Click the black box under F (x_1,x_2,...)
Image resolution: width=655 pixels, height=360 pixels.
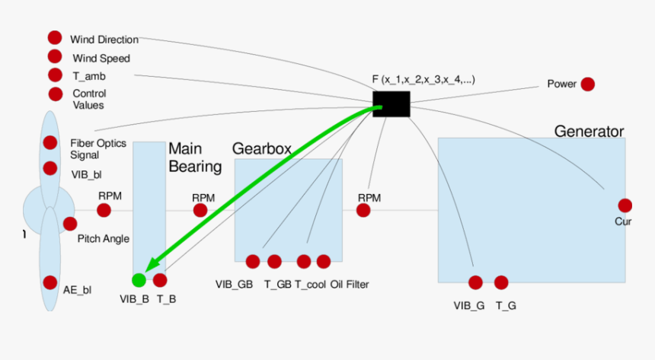click(391, 104)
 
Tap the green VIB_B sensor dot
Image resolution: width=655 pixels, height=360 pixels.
click(139, 280)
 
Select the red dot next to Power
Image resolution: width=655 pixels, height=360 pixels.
click(587, 84)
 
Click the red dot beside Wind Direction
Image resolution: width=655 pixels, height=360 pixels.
click(55, 37)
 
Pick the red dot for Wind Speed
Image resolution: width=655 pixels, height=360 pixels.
click(55, 56)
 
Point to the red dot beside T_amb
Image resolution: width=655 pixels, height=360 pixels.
click(55, 75)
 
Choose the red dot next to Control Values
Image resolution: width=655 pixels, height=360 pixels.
click(56, 94)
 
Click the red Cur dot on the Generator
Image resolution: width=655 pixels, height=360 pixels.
click(625, 205)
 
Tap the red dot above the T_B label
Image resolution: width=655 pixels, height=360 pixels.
click(160, 280)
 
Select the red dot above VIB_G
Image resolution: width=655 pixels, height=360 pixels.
click(475, 282)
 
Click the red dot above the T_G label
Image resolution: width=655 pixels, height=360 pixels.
click(500, 282)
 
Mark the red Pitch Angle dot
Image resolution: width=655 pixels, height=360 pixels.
click(70, 224)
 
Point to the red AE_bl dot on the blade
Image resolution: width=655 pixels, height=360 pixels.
click(50, 282)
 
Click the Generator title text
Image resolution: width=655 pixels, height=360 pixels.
click(589, 131)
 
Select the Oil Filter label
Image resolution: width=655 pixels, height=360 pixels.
click(350, 285)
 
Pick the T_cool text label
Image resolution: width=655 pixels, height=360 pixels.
click(309, 285)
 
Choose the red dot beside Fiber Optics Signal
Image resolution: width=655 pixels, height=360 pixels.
click(50, 142)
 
